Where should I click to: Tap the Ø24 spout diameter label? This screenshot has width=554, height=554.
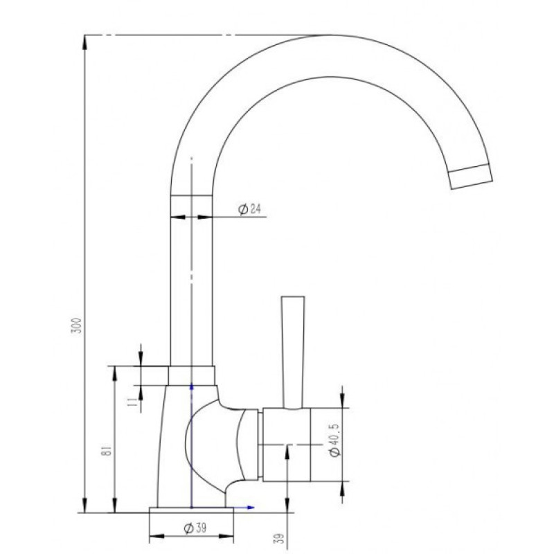tap(250, 209)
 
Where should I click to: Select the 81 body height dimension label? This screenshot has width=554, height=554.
tap(107, 450)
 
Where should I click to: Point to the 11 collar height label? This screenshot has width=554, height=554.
tap(132, 402)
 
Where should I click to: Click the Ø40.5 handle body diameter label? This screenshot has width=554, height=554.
tap(334, 440)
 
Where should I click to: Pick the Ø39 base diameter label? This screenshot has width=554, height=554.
tap(195, 528)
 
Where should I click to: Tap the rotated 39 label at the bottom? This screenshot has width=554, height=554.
tap(279, 538)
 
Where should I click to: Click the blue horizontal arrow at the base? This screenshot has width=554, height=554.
tap(244, 508)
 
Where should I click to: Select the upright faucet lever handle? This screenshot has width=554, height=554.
tap(293, 352)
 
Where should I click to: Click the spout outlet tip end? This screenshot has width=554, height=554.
tap(471, 177)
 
